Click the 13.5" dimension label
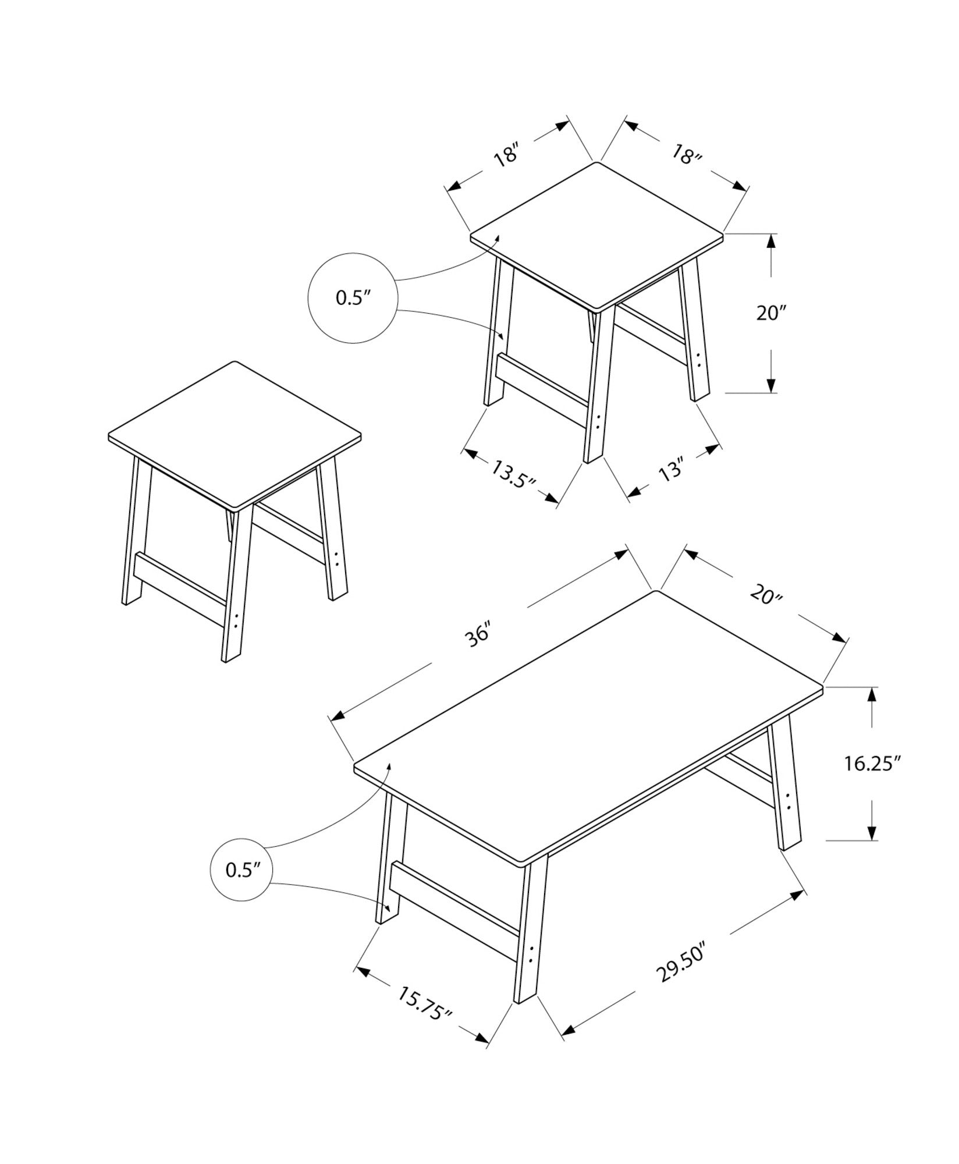pos(513,476)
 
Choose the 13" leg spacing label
pos(672,469)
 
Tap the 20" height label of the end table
pos(771,313)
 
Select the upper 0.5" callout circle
pos(352,297)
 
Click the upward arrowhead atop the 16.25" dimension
pos(872,695)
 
